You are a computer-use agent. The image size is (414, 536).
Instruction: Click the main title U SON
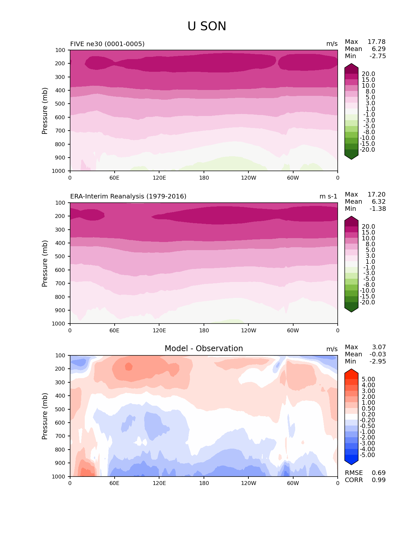pyautogui.click(x=207, y=26)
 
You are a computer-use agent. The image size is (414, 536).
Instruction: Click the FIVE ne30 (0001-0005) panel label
pyautogui.click(x=107, y=44)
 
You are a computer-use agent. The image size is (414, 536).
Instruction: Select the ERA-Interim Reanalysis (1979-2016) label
pyautogui.click(x=128, y=197)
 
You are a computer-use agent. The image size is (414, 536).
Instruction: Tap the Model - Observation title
pyautogui.click(x=204, y=349)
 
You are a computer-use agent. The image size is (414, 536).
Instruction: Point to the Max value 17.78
pyautogui.click(x=376, y=42)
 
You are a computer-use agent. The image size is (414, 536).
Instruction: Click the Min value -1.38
pyautogui.click(x=378, y=209)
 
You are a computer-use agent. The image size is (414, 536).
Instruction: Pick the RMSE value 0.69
pyautogui.click(x=379, y=473)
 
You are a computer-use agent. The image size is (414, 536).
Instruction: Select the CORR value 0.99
pyautogui.click(x=379, y=480)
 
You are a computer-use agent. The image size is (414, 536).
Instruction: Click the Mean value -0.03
pyautogui.click(x=378, y=354)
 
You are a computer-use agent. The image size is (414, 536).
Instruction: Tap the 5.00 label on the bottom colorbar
pyautogui.click(x=368, y=379)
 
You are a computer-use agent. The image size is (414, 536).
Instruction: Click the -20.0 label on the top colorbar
pyautogui.click(x=368, y=150)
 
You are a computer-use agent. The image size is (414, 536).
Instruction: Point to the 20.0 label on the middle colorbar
pyautogui.click(x=368, y=227)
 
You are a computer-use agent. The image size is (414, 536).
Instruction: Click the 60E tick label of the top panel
pyautogui.click(x=114, y=178)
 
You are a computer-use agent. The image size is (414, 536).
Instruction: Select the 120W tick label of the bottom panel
pyautogui.click(x=248, y=483)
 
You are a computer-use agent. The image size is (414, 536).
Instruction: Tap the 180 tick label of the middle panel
pyautogui.click(x=204, y=331)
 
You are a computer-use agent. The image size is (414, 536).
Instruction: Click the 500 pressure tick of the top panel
pyautogui.click(x=60, y=104)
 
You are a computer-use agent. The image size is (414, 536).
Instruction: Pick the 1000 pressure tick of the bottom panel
pyautogui.click(x=59, y=477)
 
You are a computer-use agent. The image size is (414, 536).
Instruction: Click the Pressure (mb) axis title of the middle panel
pyautogui.click(x=45, y=263)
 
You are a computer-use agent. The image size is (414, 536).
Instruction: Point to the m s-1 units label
pyautogui.click(x=328, y=197)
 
